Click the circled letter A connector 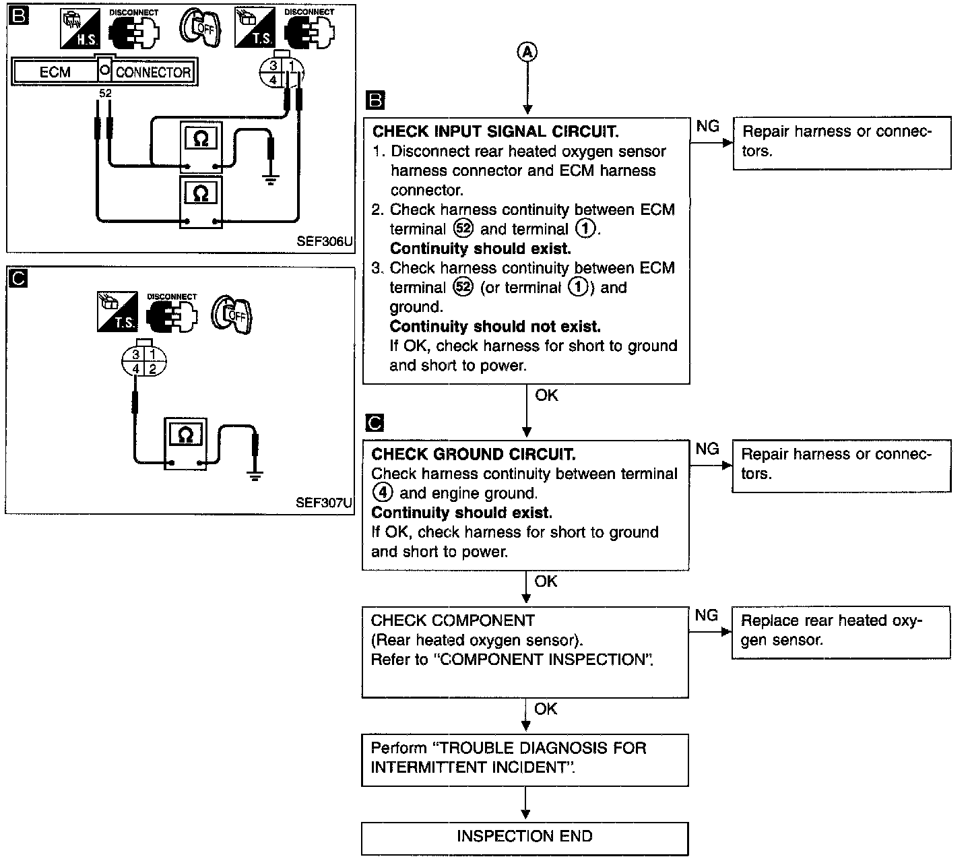[527, 52]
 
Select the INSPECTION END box [525, 839]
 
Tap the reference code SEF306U [324, 241]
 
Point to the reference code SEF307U [323, 503]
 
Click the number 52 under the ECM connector [105, 93]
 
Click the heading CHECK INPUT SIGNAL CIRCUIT [496, 131]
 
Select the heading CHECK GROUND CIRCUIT [474, 454]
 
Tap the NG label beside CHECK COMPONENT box [706, 615]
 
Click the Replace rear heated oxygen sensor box [841, 632]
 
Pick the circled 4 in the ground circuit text [383, 492]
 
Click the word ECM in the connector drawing [55, 72]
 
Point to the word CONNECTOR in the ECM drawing [153, 72]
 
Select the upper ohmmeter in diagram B [201, 147]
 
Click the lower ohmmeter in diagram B [201, 201]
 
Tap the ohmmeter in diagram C [186, 443]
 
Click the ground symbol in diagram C [255, 476]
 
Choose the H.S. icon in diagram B [80, 29]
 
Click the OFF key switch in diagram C [232, 314]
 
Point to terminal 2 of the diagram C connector [153, 369]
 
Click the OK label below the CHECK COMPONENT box [546, 709]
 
